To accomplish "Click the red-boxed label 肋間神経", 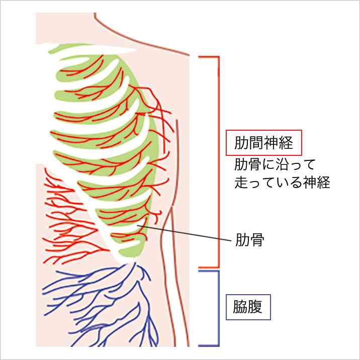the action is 263,143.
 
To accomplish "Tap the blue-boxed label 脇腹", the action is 248,307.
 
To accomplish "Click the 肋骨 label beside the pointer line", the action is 250,240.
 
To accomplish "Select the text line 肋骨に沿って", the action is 275,164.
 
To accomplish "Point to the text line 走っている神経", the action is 282,182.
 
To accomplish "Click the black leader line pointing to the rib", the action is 184,233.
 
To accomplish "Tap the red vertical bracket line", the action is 218,162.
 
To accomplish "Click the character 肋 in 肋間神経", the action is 241,143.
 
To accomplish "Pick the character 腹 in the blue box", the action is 255,307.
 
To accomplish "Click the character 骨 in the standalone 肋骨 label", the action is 257,240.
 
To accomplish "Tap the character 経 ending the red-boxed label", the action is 286,143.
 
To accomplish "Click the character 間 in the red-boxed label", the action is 256,143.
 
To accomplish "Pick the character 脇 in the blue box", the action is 241,307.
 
